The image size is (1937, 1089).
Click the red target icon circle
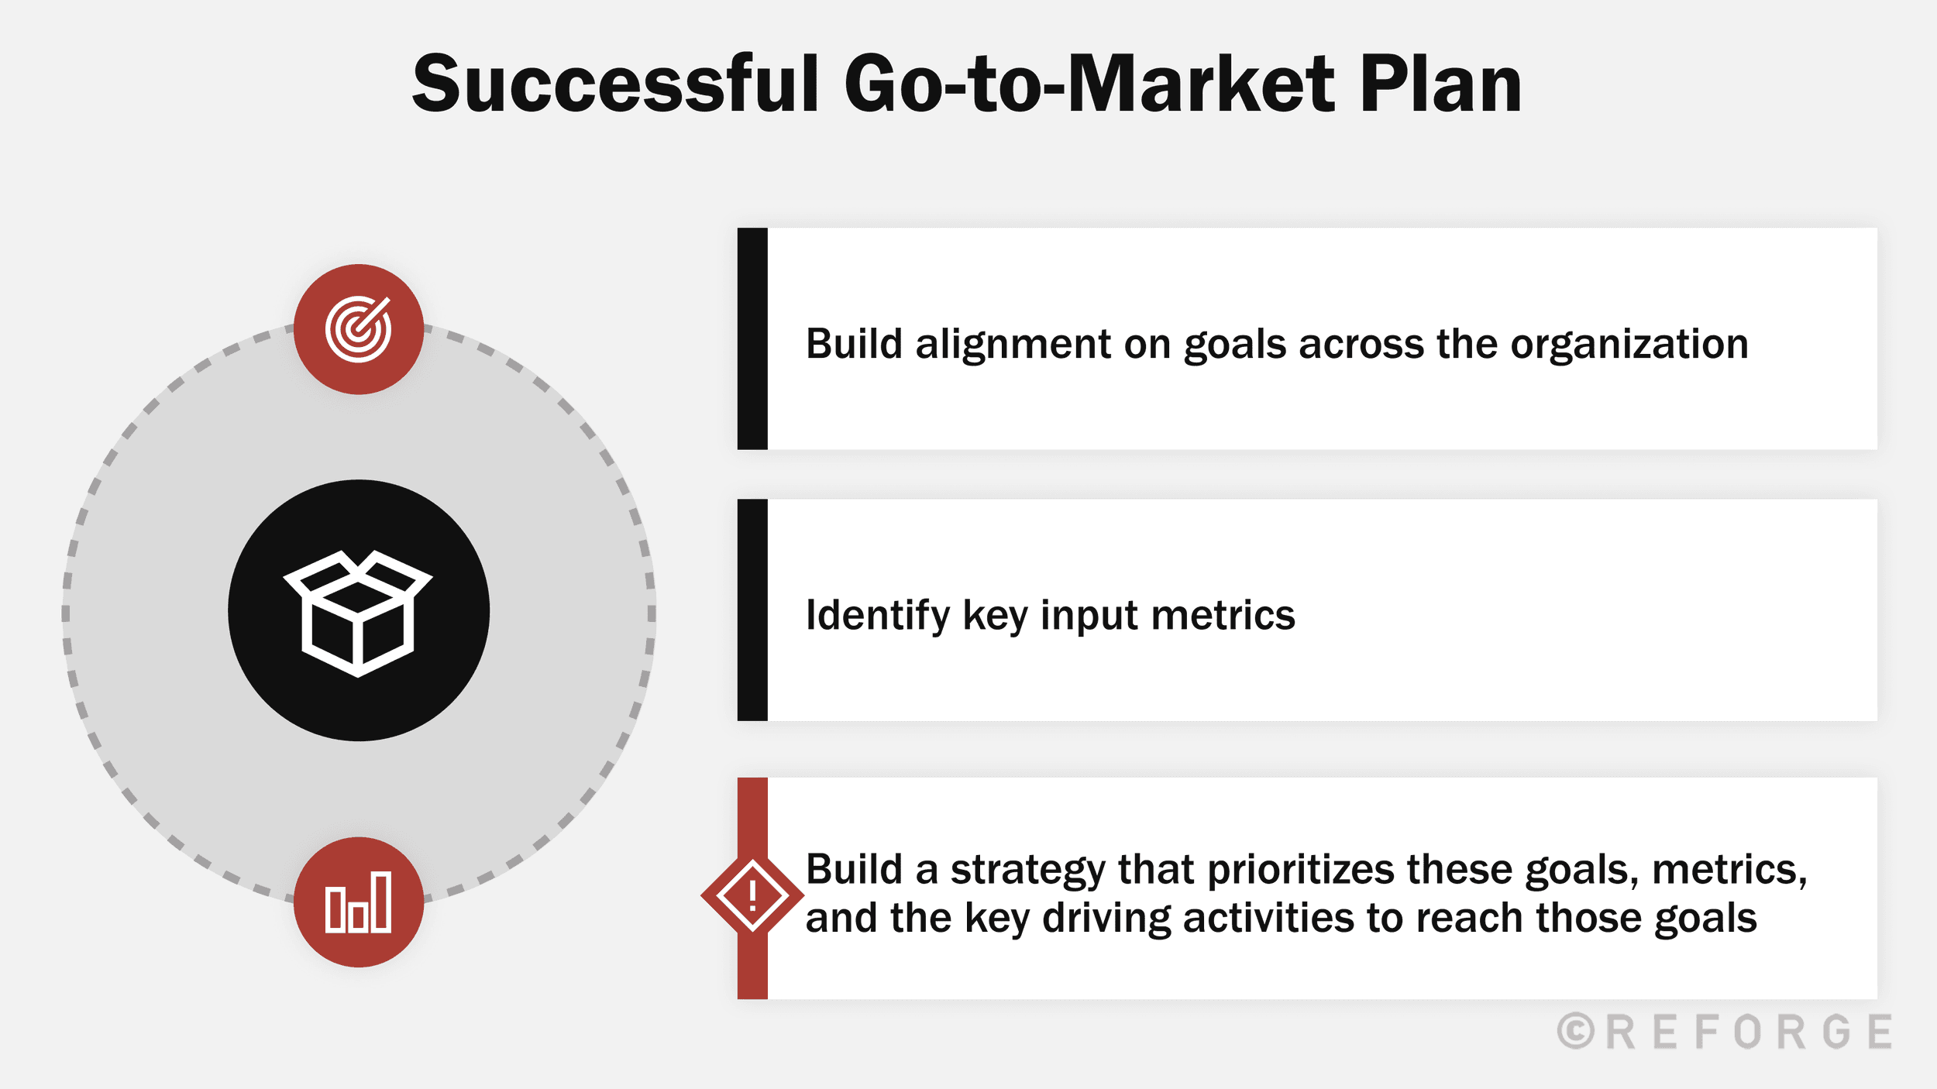359,329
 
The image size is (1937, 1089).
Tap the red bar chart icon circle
359,902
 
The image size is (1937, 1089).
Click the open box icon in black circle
358,612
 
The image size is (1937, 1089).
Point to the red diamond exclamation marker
752,896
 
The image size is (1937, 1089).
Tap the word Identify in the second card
877,615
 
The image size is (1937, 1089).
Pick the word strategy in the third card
1027,870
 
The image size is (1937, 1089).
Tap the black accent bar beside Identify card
752,610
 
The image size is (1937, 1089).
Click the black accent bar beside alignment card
752,338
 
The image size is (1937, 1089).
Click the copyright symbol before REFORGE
1575,1032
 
